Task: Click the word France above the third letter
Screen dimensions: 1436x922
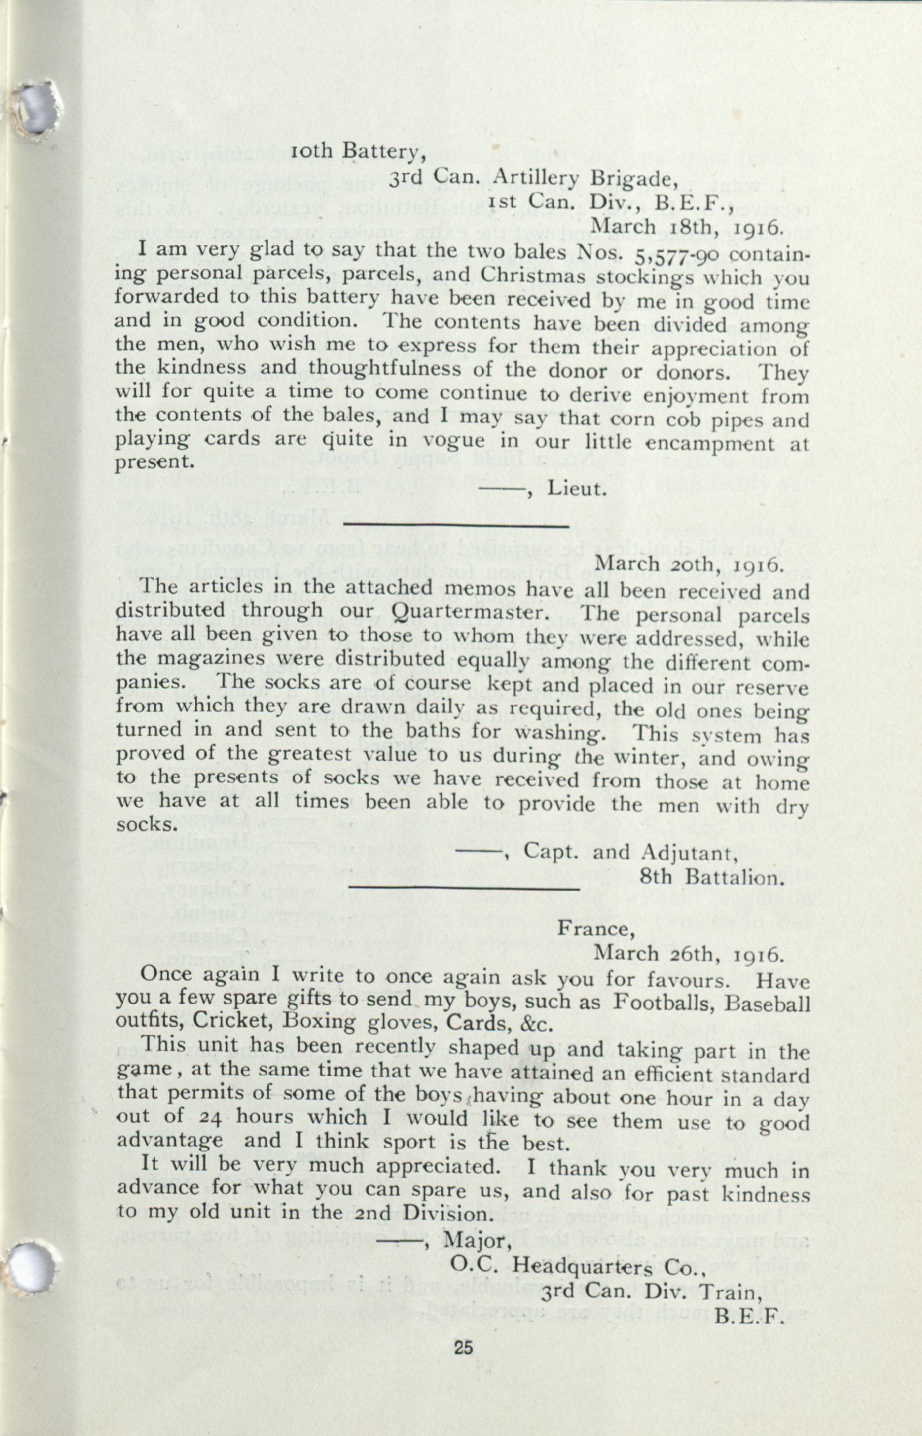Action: pos(593,929)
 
